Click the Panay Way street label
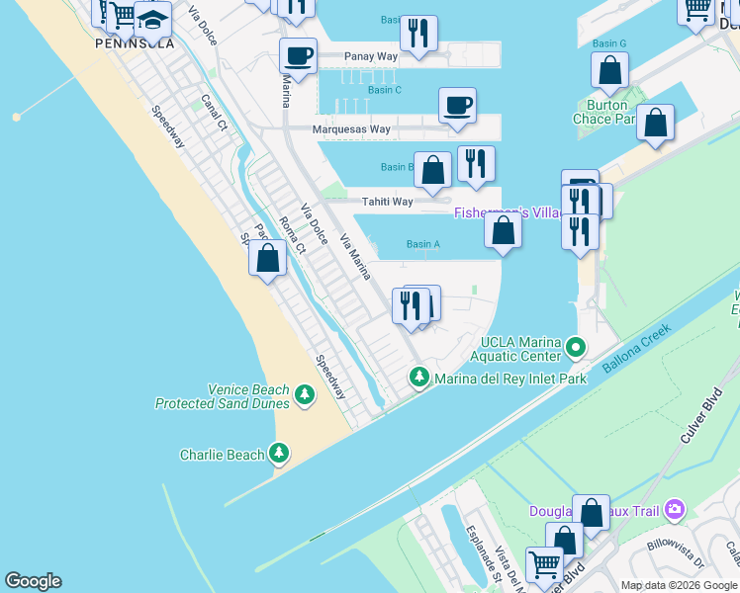pyautogui.click(x=371, y=57)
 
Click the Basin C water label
pyautogui.click(x=384, y=90)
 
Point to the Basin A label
pyautogui.click(x=422, y=244)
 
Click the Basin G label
pyautogui.click(x=609, y=43)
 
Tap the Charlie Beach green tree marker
pyautogui.click(x=280, y=454)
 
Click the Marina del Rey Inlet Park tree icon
pyautogui.click(x=419, y=378)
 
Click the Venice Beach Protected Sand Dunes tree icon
pyautogui.click(x=305, y=396)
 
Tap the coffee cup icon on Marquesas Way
pyautogui.click(x=457, y=106)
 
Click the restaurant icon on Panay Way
pyautogui.click(x=419, y=33)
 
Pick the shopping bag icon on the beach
pyautogui.click(x=267, y=259)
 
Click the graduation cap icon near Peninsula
pyautogui.click(x=153, y=19)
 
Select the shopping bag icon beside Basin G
pyautogui.click(x=609, y=70)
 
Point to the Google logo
pyautogui.click(x=33, y=581)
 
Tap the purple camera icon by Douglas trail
pyautogui.click(x=675, y=510)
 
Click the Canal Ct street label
pyautogui.click(x=214, y=114)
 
